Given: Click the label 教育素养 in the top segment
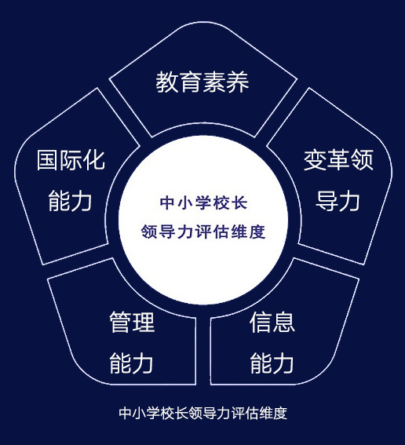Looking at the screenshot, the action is coord(202,82).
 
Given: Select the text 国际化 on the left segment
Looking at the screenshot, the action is coord(71,160).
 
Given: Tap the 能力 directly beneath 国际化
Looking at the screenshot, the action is coord(70,201).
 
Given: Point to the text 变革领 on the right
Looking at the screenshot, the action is coord(338,160).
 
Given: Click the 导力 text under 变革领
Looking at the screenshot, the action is coord(337,201).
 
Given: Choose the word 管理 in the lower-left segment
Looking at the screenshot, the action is coord(132,322).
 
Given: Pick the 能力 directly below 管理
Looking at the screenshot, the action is coord(131,363).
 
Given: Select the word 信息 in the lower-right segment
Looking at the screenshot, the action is coord(272,322).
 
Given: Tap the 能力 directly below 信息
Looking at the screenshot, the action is coord(272,363).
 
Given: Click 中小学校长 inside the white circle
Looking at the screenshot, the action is coord(203,203).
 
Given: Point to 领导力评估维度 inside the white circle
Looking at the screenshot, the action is coord(203,232).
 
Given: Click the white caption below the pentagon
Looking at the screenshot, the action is coord(203,413).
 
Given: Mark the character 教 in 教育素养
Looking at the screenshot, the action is coord(167,82).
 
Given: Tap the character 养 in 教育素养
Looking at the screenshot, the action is coord(238,82).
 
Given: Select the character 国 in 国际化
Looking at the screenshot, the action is coord(48,160).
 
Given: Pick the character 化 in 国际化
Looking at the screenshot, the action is coord(94,160).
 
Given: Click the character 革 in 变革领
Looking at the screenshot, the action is coord(338,160).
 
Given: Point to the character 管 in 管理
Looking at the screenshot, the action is coord(120,322).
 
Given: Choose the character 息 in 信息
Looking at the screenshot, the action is coord(284,322).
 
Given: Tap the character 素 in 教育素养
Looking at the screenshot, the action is coord(214,82).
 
